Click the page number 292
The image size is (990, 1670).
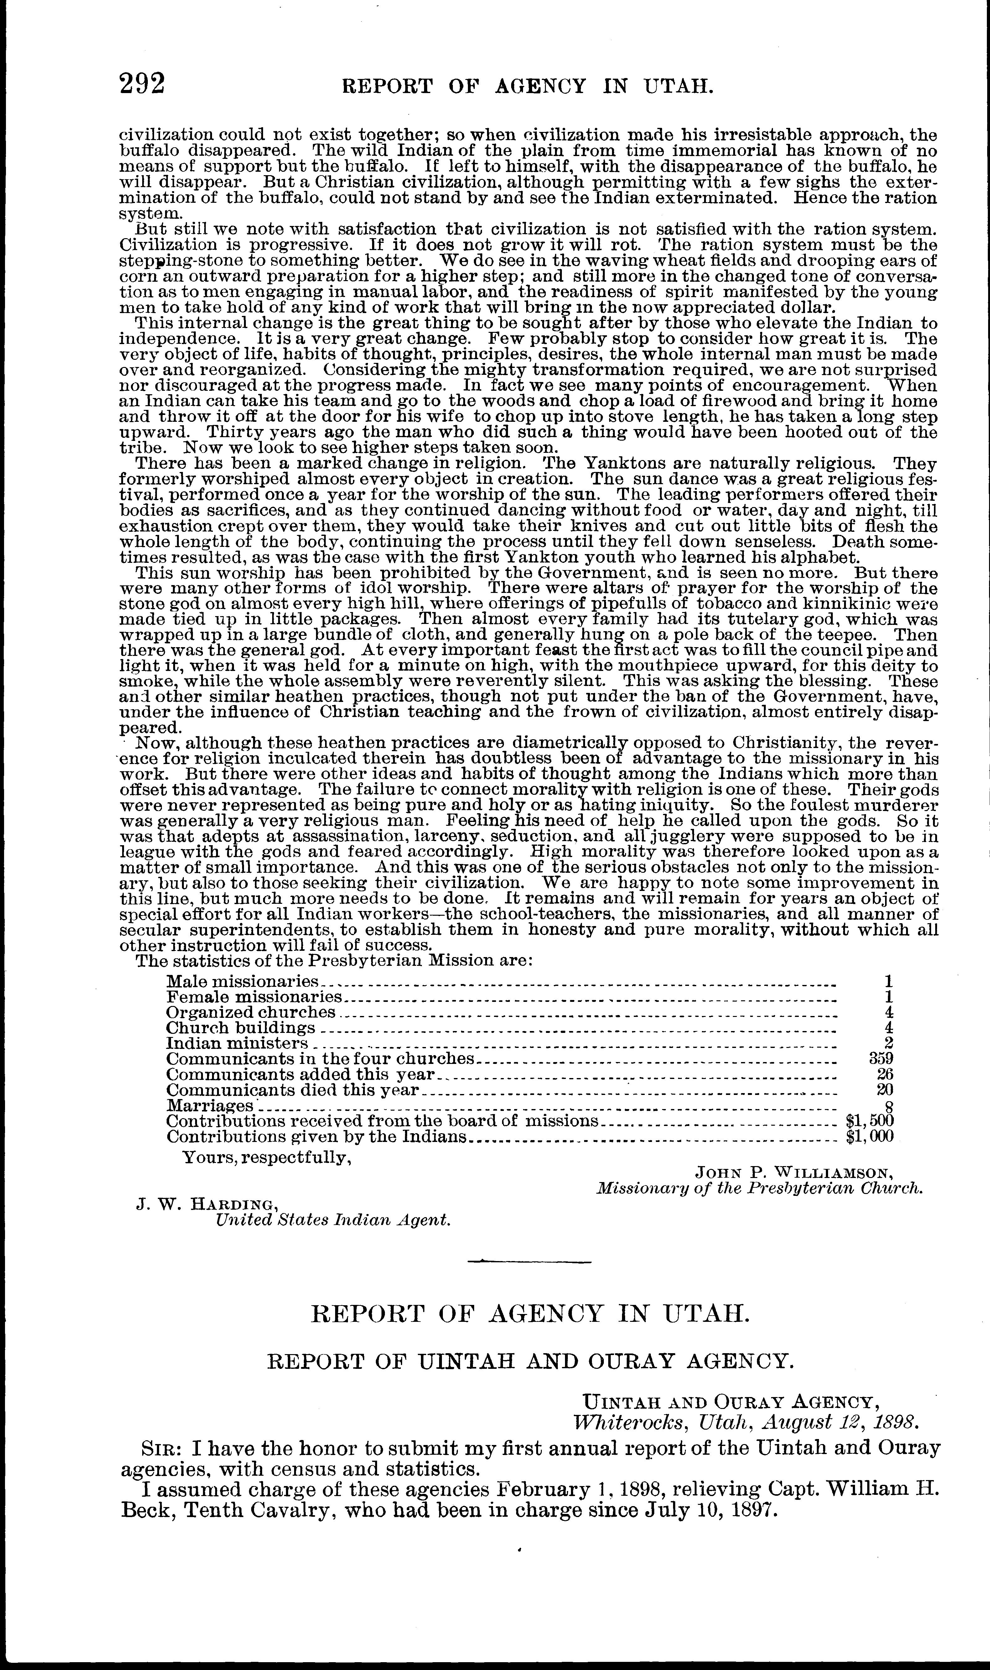click(142, 85)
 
